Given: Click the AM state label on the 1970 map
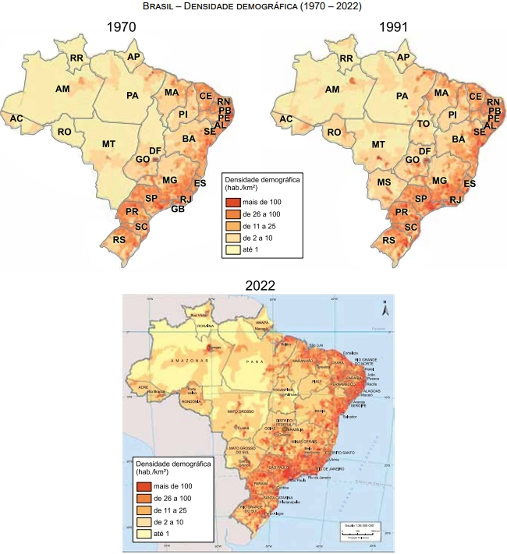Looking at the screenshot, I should pyautogui.click(x=62, y=90).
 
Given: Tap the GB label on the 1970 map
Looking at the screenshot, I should pyautogui.click(x=179, y=209).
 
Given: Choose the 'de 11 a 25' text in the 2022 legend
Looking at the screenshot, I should pyautogui.click(x=181, y=510).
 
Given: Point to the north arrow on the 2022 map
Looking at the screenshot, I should pyautogui.click(x=383, y=308).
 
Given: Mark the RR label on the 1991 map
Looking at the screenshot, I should pyautogui.click(x=346, y=58).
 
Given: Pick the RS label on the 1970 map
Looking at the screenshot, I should pyautogui.click(x=120, y=241).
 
